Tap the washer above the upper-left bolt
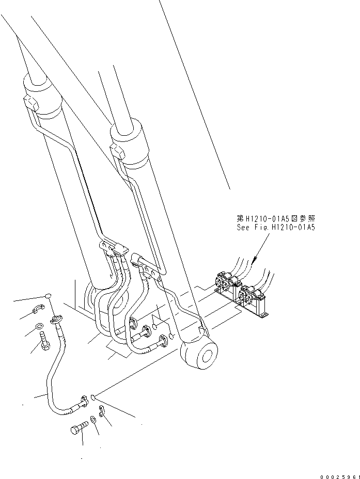[40, 326]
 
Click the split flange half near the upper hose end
[37, 309]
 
